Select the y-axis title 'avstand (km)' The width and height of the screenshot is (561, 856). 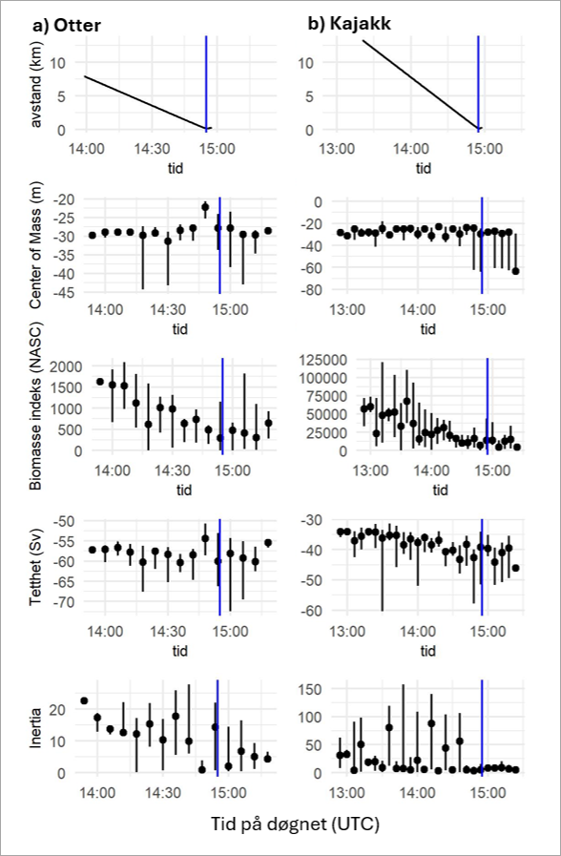pyautogui.click(x=37, y=84)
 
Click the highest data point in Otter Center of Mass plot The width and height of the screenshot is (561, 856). pyautogui.click(x=205, y=207)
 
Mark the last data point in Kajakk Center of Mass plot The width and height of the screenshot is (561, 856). pyautogui.click(x=516, y=271)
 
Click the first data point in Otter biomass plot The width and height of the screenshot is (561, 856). pyautogui.click(x=100, y=382)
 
